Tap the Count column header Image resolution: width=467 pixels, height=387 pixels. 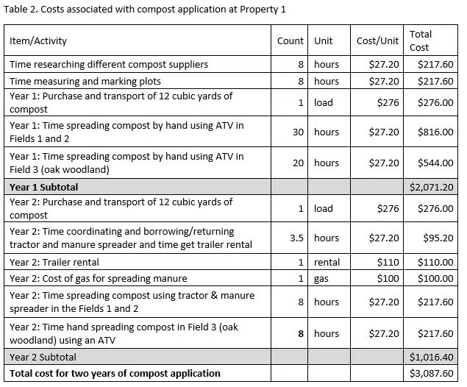[x=290, y=41]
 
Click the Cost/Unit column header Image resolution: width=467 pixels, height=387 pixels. [x=377, y=41]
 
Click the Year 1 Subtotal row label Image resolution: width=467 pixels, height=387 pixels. [x=43, y=187]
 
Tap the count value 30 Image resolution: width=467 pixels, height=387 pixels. [x=298, y=132]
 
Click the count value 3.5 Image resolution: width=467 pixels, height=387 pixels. [x=296, y=238]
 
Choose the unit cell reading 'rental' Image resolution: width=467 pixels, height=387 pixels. [x=327, y=262]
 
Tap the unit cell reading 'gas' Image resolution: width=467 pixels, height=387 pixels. [x=321, y=278]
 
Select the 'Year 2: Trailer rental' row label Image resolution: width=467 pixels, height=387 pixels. [x=54, y=262]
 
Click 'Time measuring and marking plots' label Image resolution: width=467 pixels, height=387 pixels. [x=85, y=81]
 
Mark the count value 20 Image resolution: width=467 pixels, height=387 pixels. [x=298, y=163]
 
